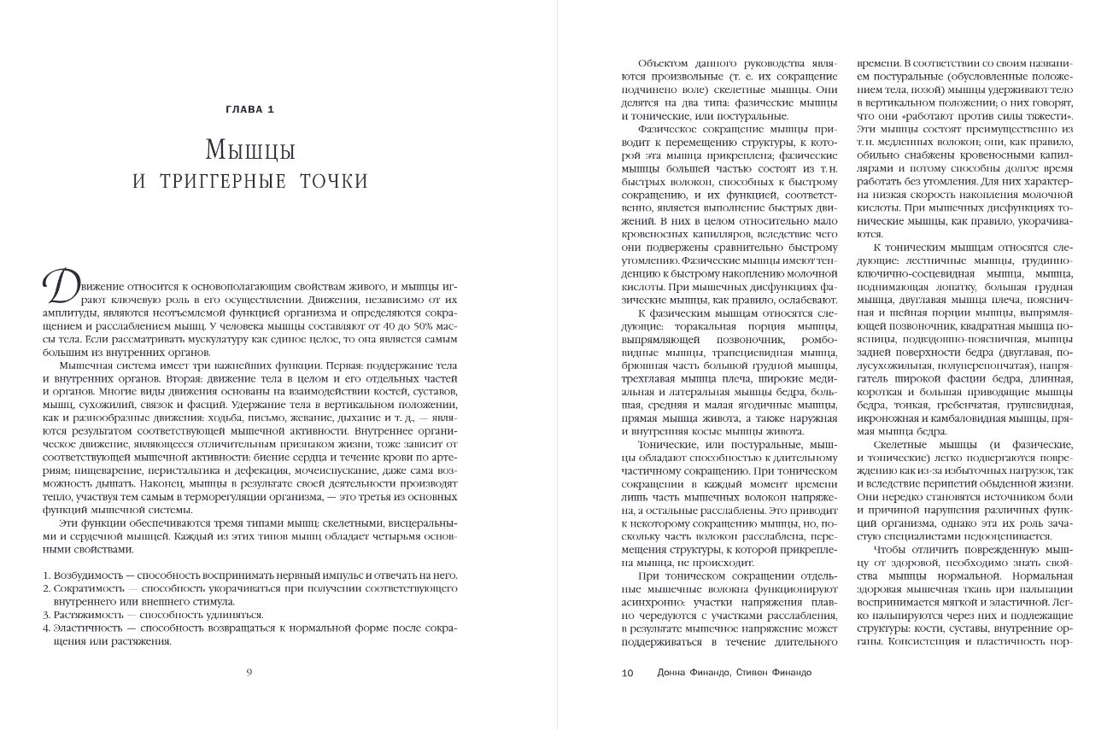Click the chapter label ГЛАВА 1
point(249,108)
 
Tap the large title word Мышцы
point(249,151)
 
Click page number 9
point(249,672)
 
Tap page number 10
point(627,673)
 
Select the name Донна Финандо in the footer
point(685,673)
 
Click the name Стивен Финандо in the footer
point(776,673)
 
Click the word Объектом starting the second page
point(663,63)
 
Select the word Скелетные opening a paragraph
point(904,445)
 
